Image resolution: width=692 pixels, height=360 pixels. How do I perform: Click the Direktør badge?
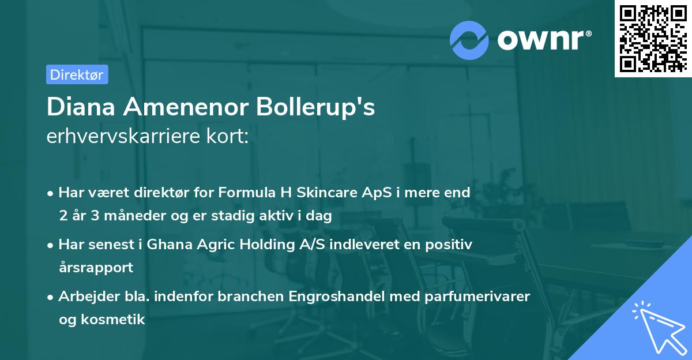77,74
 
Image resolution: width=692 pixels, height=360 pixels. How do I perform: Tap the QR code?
652,39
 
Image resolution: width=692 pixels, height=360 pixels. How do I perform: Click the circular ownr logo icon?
469,40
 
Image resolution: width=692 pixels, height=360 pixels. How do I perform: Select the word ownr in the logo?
543,40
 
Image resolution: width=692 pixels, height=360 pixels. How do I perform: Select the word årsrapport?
96,268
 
